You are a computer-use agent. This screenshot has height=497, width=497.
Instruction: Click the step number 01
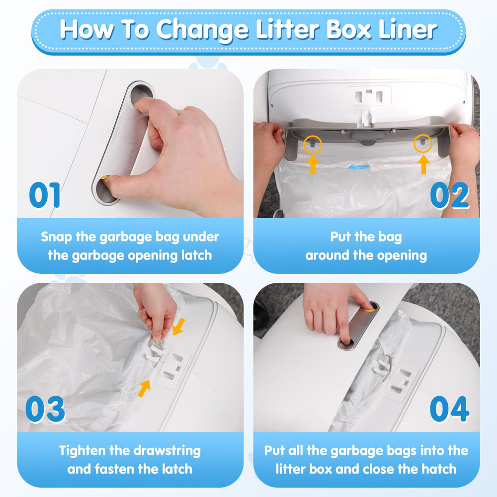45,195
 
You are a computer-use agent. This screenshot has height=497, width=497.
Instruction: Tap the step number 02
449,195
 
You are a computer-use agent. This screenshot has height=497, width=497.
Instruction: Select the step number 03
45,409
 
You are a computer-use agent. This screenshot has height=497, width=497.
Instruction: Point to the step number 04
449,409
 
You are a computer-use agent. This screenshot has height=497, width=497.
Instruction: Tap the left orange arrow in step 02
313,164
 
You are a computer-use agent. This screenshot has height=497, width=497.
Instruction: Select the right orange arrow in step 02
423,164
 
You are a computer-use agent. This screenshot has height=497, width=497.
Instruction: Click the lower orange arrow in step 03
144,388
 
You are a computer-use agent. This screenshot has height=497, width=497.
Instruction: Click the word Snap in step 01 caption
57,237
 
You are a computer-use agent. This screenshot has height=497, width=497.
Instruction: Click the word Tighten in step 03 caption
86,451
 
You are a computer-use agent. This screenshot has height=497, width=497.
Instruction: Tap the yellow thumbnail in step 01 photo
105,177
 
